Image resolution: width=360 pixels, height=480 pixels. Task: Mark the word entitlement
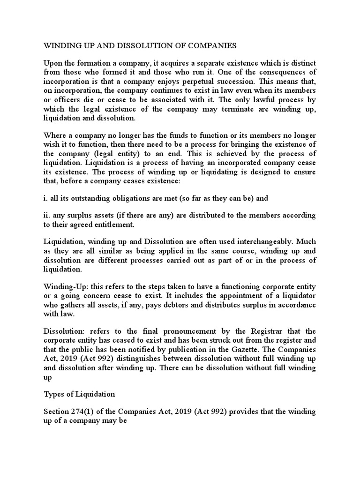(112, 225)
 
